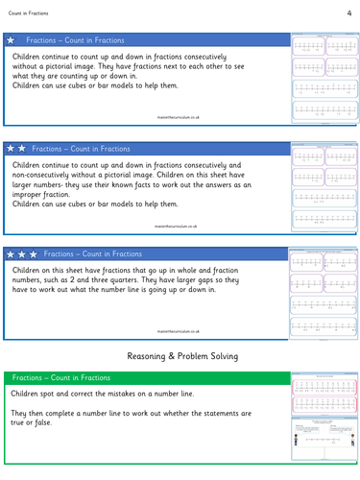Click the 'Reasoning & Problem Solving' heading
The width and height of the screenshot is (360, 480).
point(180,356)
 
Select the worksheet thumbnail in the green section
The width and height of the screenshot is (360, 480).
point(321,420)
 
